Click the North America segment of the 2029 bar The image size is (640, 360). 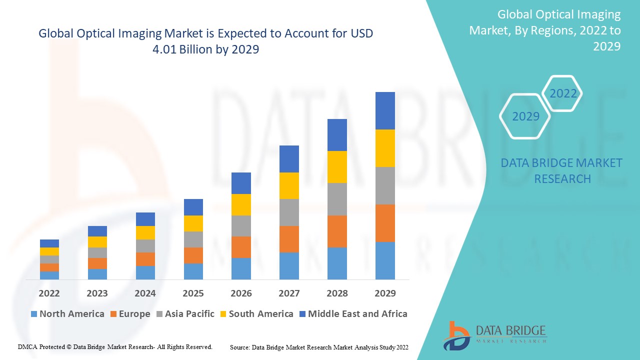[x=385, y=260]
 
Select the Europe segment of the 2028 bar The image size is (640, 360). [x=337, y=231]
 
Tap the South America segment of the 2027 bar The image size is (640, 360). [x=289, y=185]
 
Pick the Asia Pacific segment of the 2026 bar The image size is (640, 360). [x=241, y=226]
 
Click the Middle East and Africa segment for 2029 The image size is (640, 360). [x=385, y=110]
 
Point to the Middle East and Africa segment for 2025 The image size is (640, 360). [x=193, y=207]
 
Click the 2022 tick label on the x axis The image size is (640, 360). [x=49, y=293]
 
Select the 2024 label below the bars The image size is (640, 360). [x=145, y=293]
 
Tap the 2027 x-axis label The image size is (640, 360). [x=289, y=293]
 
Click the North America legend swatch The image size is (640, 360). [x=34, y=314]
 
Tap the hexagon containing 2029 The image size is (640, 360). [x=525, y=116]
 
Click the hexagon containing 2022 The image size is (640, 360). [x=563, y=93]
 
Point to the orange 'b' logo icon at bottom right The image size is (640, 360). [x=456, y=335]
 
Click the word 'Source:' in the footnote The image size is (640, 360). [x=240, y=347]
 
